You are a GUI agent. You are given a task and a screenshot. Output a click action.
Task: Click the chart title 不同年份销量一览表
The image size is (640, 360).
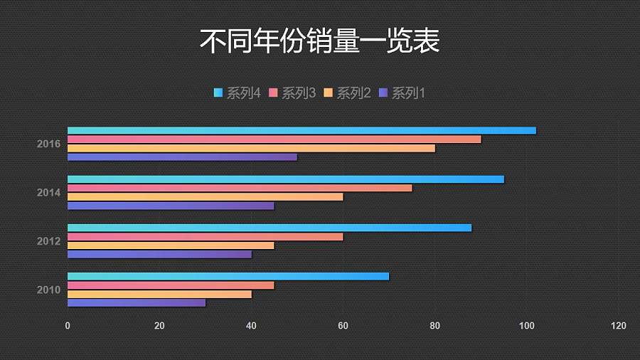click(x=319, y=41)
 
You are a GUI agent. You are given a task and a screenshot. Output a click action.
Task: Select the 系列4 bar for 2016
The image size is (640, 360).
click(x=302, y=130)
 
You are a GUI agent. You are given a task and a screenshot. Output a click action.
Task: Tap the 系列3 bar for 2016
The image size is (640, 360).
click(x=274, y=139)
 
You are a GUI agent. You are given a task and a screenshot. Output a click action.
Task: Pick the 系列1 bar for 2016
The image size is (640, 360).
click(x=182, y=157)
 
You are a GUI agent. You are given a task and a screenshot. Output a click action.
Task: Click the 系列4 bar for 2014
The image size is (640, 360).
click(x=285, y=179)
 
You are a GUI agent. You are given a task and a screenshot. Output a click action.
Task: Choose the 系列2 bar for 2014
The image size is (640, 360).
click(x=205, y=197)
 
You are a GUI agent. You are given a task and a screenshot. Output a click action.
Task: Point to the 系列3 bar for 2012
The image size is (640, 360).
click(x=205, y=237)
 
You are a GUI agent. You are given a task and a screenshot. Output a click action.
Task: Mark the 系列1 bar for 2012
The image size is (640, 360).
click(x=159, y=254)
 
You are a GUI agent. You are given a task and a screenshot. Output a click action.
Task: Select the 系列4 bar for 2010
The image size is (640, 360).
click(x=228, y=276)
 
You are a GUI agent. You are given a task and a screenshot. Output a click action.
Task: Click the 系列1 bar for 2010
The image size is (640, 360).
click(x=137, y=302)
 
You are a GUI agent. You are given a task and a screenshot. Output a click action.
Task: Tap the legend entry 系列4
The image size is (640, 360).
click(x=238, y=93)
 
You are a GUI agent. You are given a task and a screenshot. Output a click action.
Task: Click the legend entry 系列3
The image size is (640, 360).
click(x=292, y=93)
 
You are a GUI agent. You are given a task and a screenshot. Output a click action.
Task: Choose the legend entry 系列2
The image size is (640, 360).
click(x=348, y=93)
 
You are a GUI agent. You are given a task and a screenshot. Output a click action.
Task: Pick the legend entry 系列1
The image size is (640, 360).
click(x=402, y=93)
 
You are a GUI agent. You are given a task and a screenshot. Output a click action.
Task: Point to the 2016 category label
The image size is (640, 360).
click(x=49, y=144)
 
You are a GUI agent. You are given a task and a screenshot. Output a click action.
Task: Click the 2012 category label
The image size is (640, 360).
click(x=49, y=241)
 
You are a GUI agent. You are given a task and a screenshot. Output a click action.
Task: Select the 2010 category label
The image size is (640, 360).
click(x=49, y=290)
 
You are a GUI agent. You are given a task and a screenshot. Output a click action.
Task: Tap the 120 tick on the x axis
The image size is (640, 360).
click(x=619, y=326)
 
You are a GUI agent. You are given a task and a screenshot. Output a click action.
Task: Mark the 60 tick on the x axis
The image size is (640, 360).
click(x=343, y=326)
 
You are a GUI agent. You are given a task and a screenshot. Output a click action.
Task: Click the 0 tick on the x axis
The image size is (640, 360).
click(x=68, y=326)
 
